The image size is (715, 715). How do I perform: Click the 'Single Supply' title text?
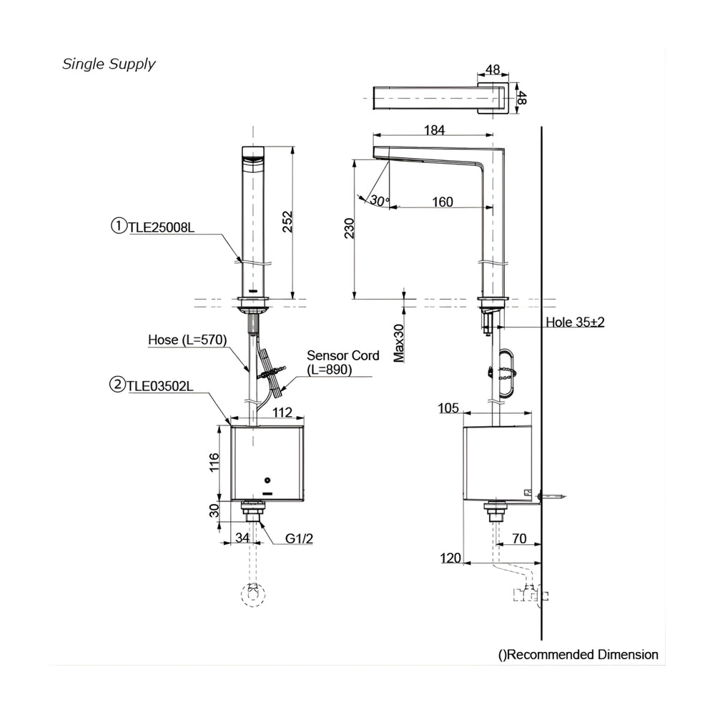[x=109, y=64]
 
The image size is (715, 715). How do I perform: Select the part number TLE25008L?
[x=161, y=227]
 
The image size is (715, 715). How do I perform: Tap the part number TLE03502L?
[x=159, y=386]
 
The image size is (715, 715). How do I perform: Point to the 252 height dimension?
[x=287, y=222]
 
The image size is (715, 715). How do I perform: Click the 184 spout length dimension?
[x=434, y=130]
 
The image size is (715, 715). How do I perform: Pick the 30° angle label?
[x=380, y=200]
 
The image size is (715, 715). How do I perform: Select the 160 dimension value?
[x=443, y=202]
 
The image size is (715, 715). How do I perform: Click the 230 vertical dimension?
[x=349, y=228]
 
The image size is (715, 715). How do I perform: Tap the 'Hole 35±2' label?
[x=575, y=322]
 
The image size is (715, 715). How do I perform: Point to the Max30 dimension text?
[x=399, y=343]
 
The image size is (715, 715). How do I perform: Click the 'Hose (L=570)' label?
[x=187, y=340]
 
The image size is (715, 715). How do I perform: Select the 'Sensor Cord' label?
[x=343, y=355]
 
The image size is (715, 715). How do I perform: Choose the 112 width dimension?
[x=282, y=413]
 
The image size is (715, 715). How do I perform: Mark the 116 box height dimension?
[x=214, y=463]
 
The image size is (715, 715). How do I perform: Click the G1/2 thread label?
[x=299, y=538]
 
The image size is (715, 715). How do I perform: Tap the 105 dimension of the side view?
[x=448, y=408]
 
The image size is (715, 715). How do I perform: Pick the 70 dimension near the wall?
[x=519, y=538]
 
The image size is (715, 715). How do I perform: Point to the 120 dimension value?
[x=450, y=558]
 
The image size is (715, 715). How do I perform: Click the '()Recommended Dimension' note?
[x=578, y=655]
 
